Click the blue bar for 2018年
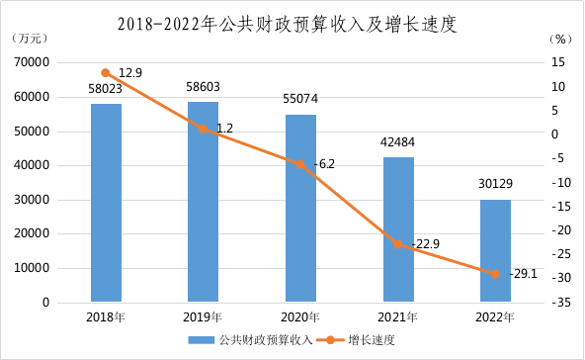coord(107,203)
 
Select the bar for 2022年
coord(495,250)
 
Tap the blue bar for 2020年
coord(300,208)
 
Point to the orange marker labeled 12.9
coord(106,73)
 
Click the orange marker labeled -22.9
coord(398,244)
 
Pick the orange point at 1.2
coord(203,129)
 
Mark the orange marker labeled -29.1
coord(495,274)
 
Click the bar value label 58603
coord(203,87)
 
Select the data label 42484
coord(397,141)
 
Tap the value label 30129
coord(495,183)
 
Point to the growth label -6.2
coord(324,164)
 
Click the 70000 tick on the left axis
coord(32,62)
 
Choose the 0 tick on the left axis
coord(45,302)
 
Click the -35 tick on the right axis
coord(561,302)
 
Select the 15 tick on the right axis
coord(558,62)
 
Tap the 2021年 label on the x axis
coord(397,317)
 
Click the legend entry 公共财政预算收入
coord(250,340)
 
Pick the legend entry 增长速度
coord(356,340)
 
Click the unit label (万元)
coord(30,39)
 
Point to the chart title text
coord(288,25)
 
